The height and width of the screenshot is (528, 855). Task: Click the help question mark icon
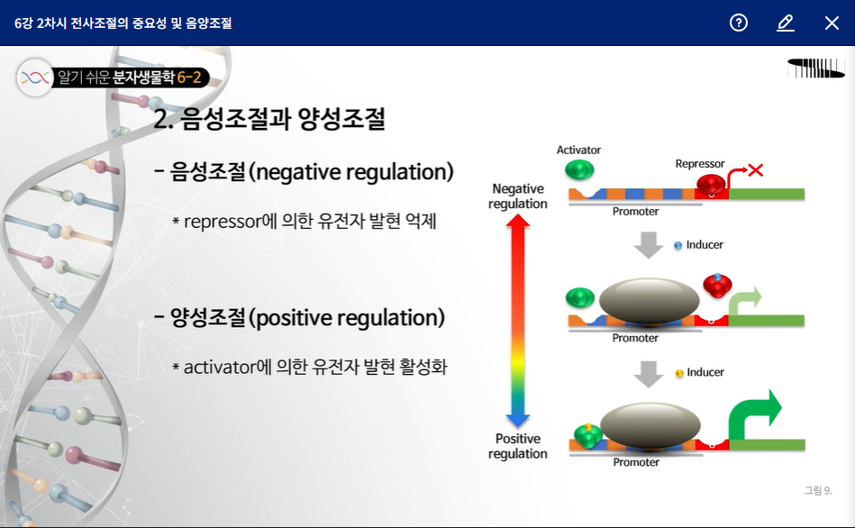pos(739,23)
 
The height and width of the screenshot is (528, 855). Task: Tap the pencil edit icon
pos(786,23)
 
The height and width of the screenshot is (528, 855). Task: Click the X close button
pos(832,23)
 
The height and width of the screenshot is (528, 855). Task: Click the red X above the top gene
pos(755,169)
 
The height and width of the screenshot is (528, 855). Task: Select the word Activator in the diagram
pos(578,150)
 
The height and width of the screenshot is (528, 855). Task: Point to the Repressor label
pos(700,164)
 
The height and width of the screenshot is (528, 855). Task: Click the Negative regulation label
pos(518,196)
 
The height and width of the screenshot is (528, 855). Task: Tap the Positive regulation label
pos(518,446)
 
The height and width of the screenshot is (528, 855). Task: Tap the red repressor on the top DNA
pos(712,186)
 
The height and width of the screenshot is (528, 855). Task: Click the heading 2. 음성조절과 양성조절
pos(270,120)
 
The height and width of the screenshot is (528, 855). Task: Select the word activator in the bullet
pos(220,368)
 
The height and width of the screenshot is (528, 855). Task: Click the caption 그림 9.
pos(818,490)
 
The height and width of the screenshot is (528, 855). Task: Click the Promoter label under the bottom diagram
pos(636,462)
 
